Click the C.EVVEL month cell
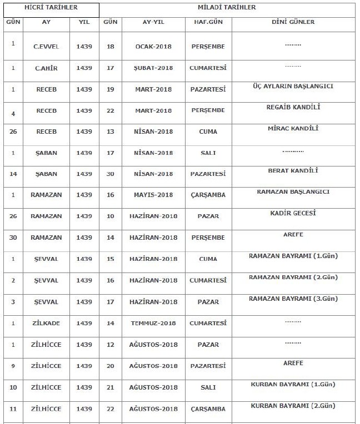46,47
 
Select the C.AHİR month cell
46,68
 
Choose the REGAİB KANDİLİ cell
293,107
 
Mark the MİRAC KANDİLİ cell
293,128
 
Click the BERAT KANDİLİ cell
293,170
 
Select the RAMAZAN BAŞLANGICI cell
293,191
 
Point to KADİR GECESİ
293,213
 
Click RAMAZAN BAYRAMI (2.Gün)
293,276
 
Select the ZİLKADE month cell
46,323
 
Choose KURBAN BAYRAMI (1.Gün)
293,383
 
